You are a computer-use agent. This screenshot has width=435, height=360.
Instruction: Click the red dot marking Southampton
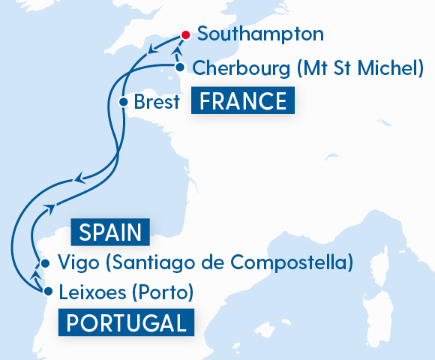185,34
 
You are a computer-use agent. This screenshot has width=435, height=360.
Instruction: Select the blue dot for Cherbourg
181,67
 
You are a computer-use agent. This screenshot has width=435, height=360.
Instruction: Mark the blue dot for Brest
123,101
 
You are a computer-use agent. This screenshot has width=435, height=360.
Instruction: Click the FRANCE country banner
242,100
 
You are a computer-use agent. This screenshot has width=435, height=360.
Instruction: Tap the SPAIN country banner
110,232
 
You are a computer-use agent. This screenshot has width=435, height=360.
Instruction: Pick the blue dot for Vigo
46,263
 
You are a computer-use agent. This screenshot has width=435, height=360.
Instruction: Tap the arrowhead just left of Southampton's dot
152,50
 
